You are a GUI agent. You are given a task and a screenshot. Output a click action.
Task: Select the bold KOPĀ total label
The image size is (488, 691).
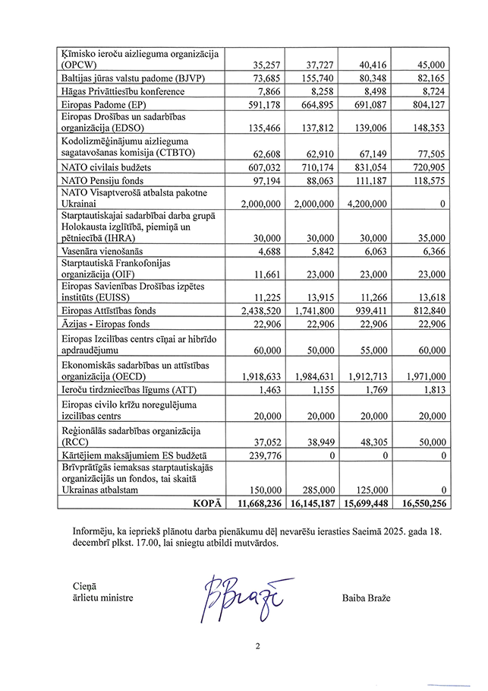click(206, 502)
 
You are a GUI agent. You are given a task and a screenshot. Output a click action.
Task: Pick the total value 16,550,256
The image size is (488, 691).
click(420, 502)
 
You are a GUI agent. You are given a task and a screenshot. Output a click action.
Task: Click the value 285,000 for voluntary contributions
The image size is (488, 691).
click(313, 490)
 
